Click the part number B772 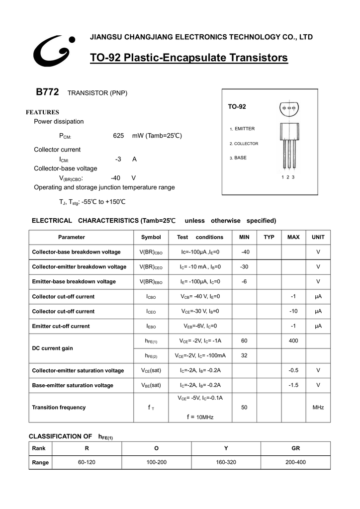coord(47,92)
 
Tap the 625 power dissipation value coord(118,136)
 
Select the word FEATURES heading coord(42,112)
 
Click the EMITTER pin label coord(245,129)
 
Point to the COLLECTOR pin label coord(246,144)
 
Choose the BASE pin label coord(241,158)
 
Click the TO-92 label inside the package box coord(237,107)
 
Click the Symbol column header coord(151,237)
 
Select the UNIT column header coord(318,237)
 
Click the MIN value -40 coord(245,252)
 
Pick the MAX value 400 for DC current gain coord(293,341)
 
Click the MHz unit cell coord(318,408)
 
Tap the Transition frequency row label coord(59,408)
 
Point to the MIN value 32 coord(244,355)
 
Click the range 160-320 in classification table coord(226,462)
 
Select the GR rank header coord(296,448)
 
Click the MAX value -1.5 coord(293,385)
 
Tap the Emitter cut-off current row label coord(61,326)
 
